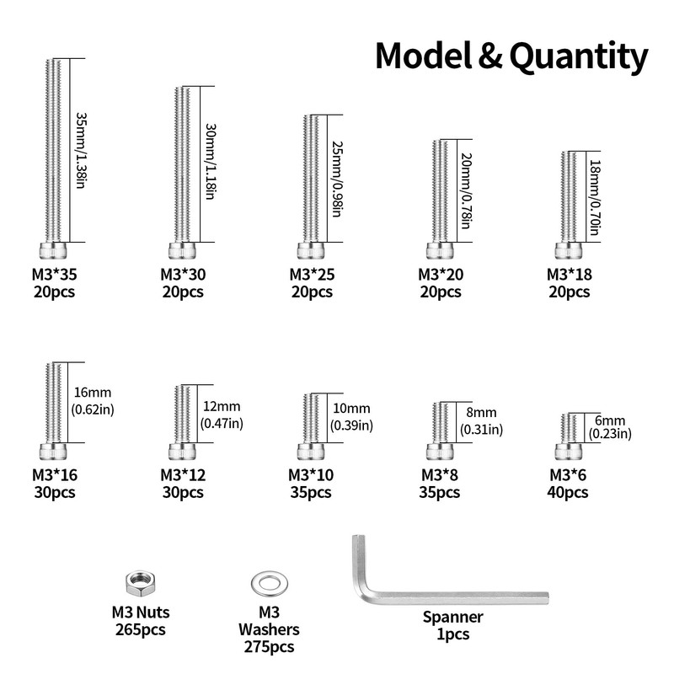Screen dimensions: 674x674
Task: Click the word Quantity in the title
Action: coord(579,57)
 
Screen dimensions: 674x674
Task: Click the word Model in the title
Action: coord(424,56)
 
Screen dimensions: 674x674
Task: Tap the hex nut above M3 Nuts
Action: coord(141,584)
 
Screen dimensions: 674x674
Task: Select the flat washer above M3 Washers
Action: coord(269,584)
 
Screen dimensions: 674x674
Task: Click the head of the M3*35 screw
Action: coord(53,250)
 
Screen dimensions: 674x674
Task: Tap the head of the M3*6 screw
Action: coord(568,452)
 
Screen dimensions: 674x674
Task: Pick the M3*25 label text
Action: coord(312,275)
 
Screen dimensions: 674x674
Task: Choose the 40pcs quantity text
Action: coord(567,492)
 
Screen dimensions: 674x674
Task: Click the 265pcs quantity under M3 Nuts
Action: coord(140,629)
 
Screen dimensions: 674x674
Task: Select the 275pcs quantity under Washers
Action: coord(269,646)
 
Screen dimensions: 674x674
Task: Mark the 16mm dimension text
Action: coord(93,393)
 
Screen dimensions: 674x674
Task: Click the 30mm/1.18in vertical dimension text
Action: coord(210,162)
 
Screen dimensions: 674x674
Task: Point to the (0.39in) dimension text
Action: coord(351,425)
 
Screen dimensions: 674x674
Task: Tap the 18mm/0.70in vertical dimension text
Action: coord(595,198)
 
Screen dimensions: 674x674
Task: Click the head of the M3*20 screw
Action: coord(440,250)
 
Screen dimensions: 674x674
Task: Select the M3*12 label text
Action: coord(183,475)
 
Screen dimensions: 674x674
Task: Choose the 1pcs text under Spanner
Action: coord(452,634)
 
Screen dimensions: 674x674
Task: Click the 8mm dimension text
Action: coord(481,412)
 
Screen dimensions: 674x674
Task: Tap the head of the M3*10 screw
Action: coord(311,452)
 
